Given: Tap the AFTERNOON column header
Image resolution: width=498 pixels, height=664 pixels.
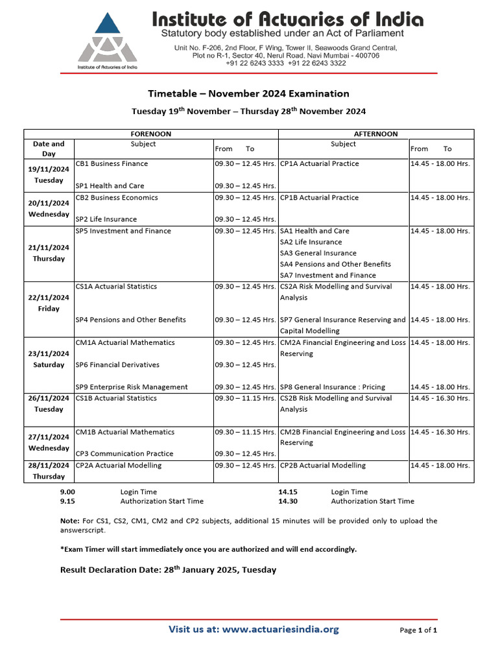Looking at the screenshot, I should pyautogui.click(x=376, y=134).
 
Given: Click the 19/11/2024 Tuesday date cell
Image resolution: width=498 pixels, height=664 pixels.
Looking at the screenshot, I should pyautogui.click(x=49, y=174).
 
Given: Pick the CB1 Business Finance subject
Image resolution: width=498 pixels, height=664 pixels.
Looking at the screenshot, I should pyautogui.click(x=112, y=163).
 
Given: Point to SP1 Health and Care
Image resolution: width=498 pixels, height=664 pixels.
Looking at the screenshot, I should pyautogui.click(x=110, y=185).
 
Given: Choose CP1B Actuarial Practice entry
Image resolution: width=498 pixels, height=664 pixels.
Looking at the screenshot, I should pyautogui.click(x=319, y=197).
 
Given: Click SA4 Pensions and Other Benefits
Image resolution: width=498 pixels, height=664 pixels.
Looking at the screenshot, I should pyautogui.click(x=335, y=264).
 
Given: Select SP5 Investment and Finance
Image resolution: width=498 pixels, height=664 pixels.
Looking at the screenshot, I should pyautogui.click(x=123, y=231).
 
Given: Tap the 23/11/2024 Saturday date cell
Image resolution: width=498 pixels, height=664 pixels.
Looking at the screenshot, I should pyautogui.click(x=49, y=359).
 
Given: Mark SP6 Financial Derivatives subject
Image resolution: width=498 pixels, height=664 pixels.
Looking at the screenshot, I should pyautogui.click(x=117, y=364).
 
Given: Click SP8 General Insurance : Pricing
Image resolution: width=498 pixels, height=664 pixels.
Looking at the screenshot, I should pyautogui.click(x=332, y=387).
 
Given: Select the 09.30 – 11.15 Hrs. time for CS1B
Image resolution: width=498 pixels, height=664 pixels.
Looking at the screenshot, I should pyautogui.click(x=245, y=398).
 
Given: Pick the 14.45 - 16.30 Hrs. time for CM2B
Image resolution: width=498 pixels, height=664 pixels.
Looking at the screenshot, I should pyautogui.click(x=440, y=432).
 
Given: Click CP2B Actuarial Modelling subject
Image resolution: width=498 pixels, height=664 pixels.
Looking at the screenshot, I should pyautogui.click(x=322, y=465).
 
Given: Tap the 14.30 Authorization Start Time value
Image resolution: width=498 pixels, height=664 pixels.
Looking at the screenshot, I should pyautogui.click(x=287, y=501).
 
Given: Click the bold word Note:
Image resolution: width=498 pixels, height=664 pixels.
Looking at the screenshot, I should pyautogui.click(x=69, y=521).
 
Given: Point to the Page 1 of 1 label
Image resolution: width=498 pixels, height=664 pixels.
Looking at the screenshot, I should pyautogui.click(x=418, y=630).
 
